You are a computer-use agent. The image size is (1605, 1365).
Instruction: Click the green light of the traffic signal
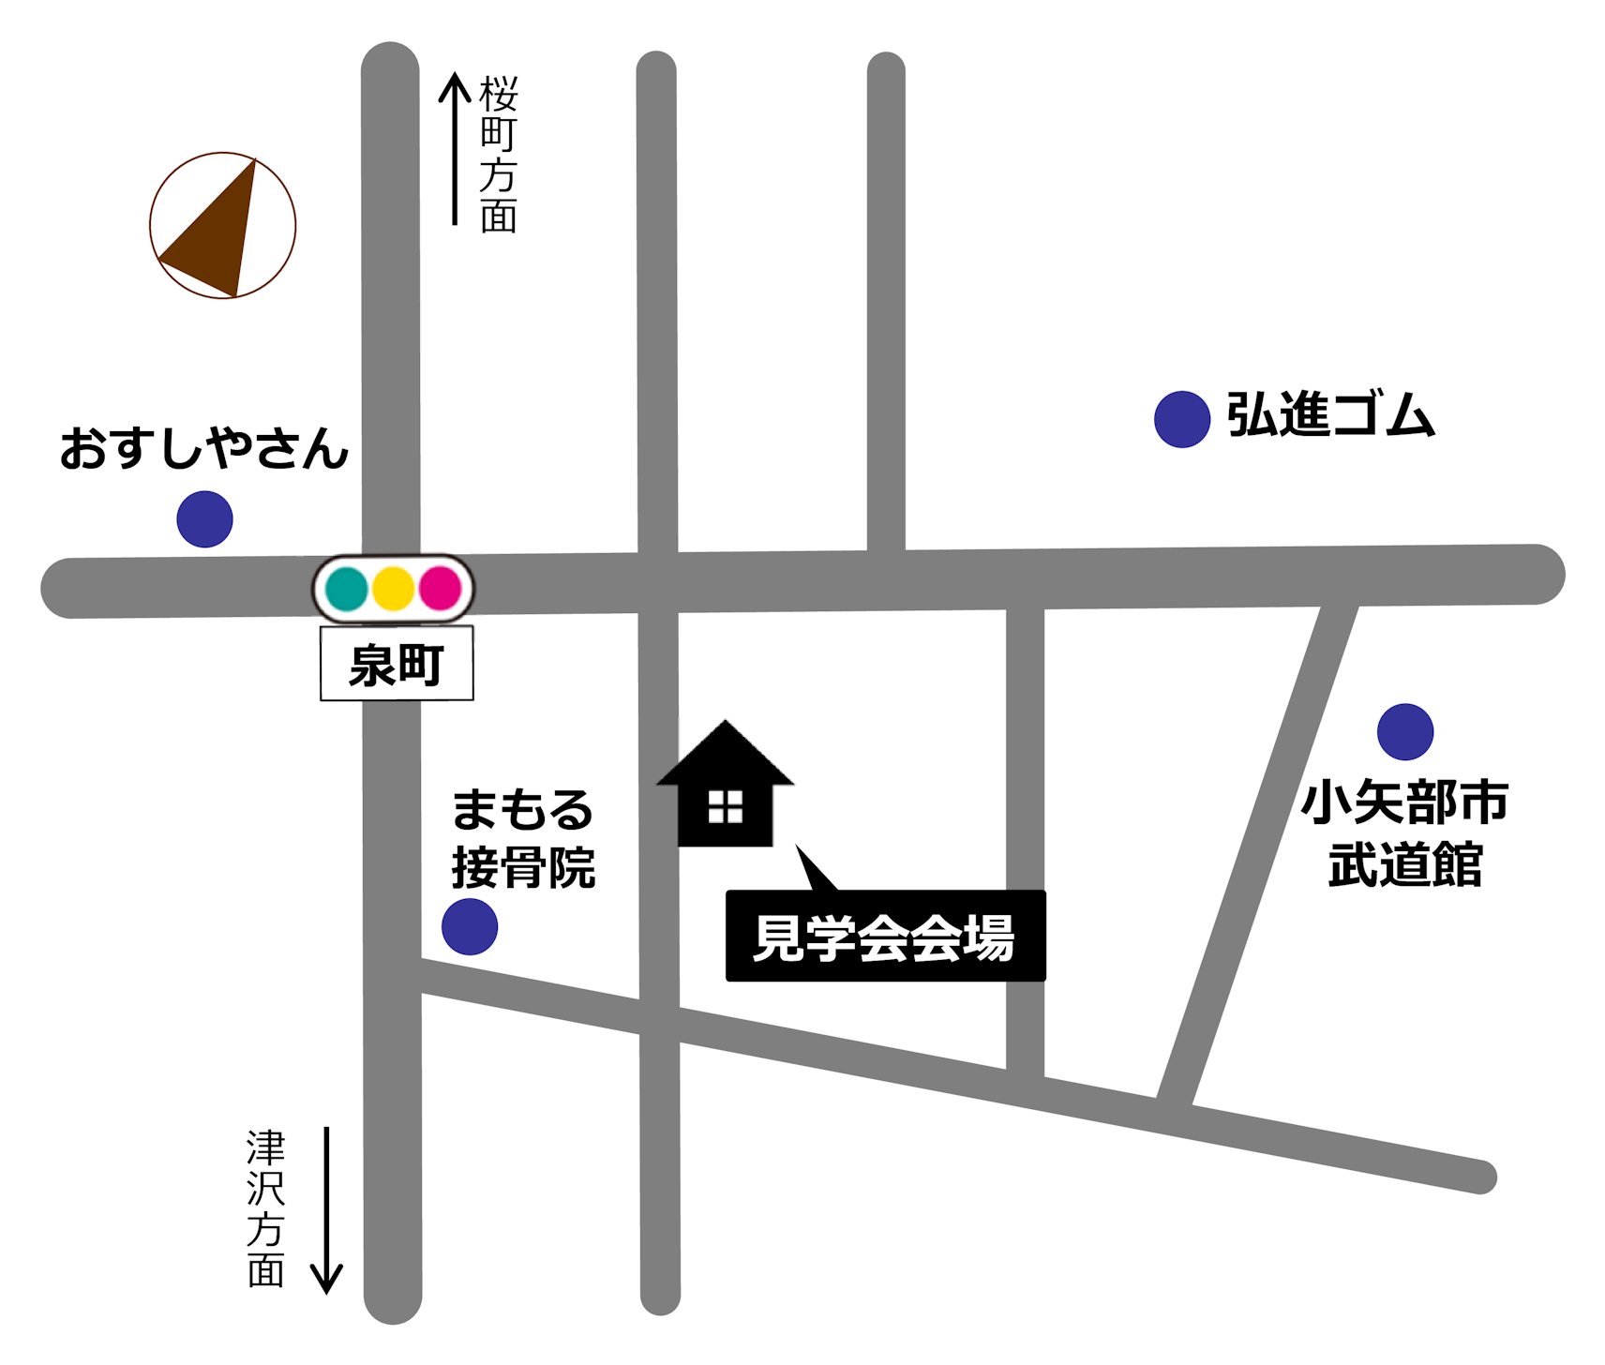point(347,589)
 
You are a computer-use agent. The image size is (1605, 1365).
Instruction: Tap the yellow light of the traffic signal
point(394,589)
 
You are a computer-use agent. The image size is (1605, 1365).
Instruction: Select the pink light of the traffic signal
point(440,589)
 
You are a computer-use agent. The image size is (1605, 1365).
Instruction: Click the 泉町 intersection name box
point(397,665)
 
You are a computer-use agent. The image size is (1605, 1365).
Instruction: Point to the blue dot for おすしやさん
point(204,519)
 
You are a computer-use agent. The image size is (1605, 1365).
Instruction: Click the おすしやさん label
point(204,448)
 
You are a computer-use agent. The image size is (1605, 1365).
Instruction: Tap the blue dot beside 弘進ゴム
point(1181,419)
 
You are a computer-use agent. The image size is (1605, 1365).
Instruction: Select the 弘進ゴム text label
point(1330,415)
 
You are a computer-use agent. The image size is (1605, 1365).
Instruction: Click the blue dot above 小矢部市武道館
point(1404,731)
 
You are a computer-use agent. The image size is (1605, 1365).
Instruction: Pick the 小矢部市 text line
point(1404,802)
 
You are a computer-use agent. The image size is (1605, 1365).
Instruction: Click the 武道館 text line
point(1404,864)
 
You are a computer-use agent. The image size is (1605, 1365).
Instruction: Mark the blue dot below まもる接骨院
point(470,926)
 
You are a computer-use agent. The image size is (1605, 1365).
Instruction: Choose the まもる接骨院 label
point(523,839)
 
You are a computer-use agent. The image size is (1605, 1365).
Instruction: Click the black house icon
point(725,787)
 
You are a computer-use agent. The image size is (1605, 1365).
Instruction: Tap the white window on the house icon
point(725,806)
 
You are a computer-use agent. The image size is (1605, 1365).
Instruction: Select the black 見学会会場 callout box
point(885,936)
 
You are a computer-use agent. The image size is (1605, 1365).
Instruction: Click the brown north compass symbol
point(223,226)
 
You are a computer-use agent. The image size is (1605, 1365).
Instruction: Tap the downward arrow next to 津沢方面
point(326,1209)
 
